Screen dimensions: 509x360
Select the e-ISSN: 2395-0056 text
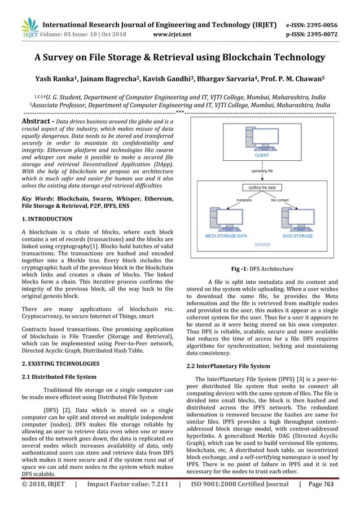coord(311,25)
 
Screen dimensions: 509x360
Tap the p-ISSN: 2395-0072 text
coord(311,34)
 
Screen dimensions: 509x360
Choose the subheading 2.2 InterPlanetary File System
coord(229,366)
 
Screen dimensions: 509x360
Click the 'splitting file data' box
coord(262,187)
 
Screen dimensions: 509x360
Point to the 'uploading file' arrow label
coord(262,169)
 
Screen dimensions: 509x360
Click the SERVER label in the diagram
coord(262,244)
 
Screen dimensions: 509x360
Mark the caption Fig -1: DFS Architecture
coord(262,269)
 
